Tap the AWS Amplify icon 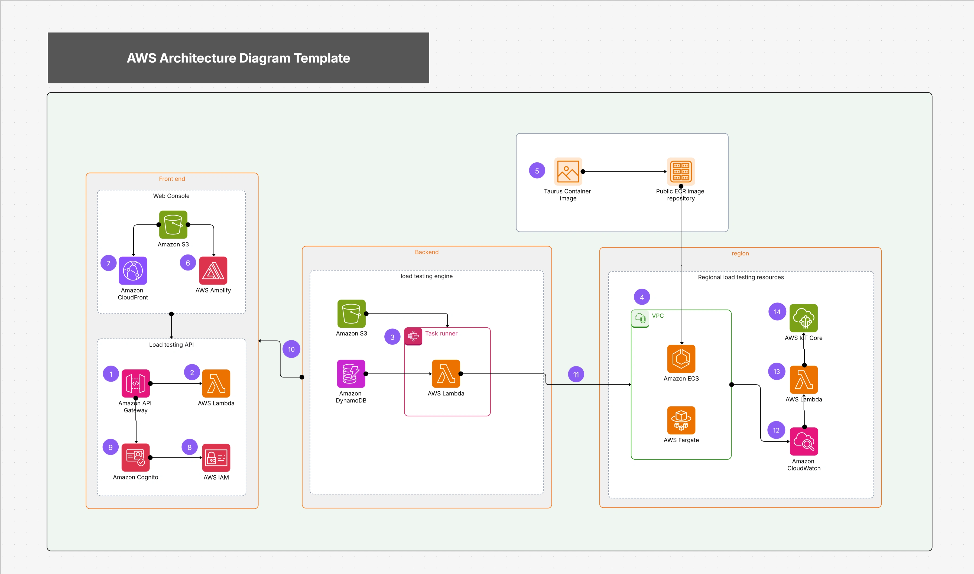(213, 270)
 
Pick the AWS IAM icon (216, 457)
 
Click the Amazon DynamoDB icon (351, 374)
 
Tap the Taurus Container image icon (568, 171)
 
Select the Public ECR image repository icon (681, 171)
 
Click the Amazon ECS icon (681, 359)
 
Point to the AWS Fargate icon (681, 420)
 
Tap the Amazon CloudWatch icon (804, 441)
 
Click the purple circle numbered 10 (291, 349)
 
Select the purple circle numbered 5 (537, 170)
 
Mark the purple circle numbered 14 (777, 312)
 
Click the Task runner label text (441, 333)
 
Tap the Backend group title (426, 252)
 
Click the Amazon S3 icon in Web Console (173, 224)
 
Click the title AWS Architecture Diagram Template (238, 58)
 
